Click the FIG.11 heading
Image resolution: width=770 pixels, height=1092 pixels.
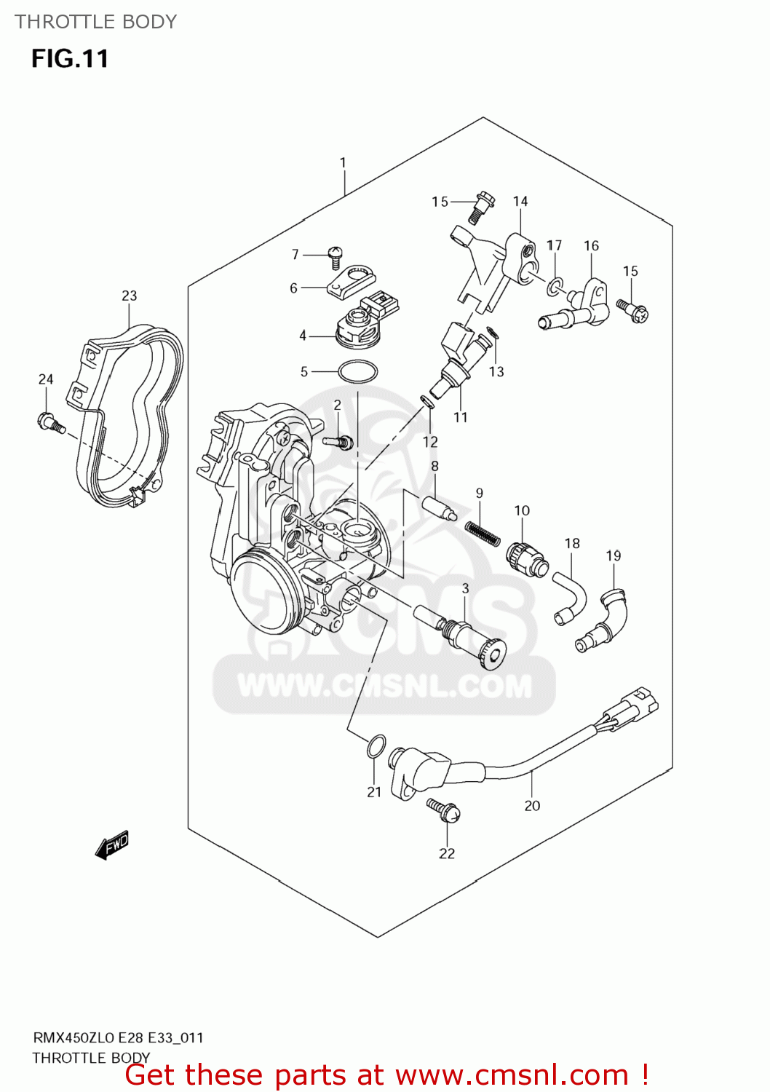coord(70,58)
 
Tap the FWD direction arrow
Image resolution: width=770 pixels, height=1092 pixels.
coord(112,846)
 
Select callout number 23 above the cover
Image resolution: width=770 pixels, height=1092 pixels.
coord(129,296)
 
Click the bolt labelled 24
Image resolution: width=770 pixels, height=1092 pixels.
coord(49,422)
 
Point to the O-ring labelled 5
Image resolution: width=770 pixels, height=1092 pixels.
coord(357,372)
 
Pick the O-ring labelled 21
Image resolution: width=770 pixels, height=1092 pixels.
coord(375,746)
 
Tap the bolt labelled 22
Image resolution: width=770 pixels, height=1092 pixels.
coord(443,809)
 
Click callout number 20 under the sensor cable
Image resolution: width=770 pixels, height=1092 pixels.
coord(532,805)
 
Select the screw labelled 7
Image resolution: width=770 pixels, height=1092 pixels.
coord(336,256)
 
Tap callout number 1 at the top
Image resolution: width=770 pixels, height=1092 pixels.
coord(343,163)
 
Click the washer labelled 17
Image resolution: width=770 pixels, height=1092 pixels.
coord(555,287)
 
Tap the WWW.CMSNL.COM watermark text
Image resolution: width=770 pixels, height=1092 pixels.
coord(384,686)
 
